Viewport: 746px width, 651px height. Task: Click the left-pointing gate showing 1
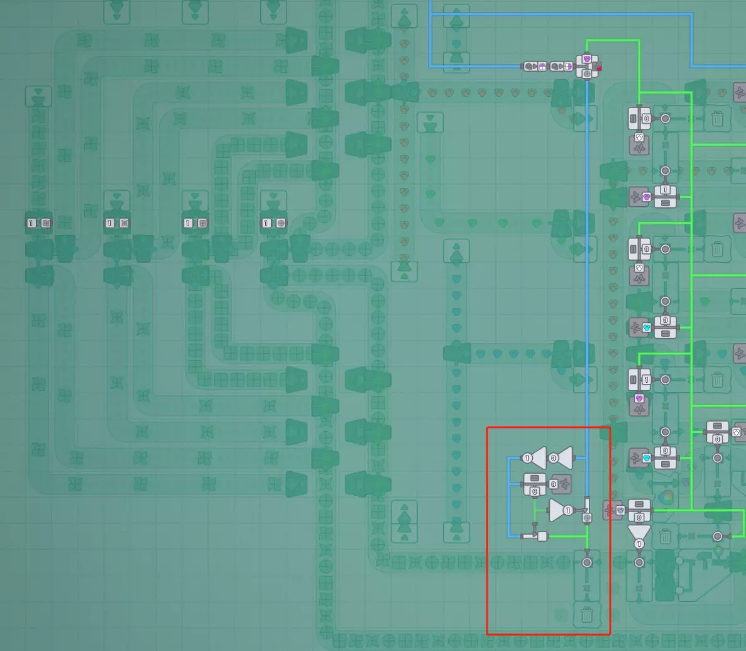[536, 458]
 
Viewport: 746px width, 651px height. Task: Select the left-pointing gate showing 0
[562, 458]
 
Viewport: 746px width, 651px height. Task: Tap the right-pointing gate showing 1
[559, 510]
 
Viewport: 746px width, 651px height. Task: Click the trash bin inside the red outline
[587, 614]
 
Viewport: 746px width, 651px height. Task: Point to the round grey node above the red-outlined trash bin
[587, 562]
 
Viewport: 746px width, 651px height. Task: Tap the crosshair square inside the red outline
[587, 518]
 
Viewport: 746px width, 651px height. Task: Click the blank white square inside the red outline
[542, 536]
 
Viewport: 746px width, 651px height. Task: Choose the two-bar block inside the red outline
[535, 479]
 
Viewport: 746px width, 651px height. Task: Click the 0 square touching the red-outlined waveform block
[553, 484]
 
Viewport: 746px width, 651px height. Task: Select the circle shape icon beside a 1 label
[281, 223]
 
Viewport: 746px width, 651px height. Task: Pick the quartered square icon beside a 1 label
[202, 223]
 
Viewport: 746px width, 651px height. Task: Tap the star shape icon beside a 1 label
[124, 223]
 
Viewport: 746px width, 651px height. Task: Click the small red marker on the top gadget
[598, 67]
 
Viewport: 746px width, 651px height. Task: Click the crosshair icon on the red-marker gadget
[587, 74]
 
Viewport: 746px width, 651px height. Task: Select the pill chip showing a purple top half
[542, 66]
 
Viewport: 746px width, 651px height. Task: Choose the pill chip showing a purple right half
[568, 66]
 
